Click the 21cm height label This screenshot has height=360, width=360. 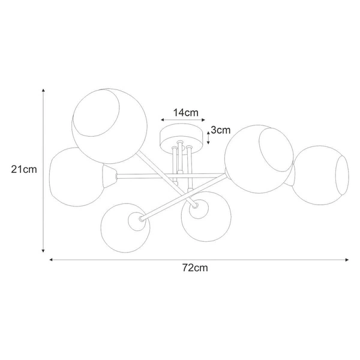[24, 169]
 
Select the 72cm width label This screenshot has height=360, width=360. [195, 268]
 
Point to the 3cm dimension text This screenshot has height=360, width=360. [221, 130]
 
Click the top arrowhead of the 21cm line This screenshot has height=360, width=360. [43, 91]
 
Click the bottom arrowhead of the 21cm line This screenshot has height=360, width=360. [43, 251]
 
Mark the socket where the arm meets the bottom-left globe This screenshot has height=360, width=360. [140, 220]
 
